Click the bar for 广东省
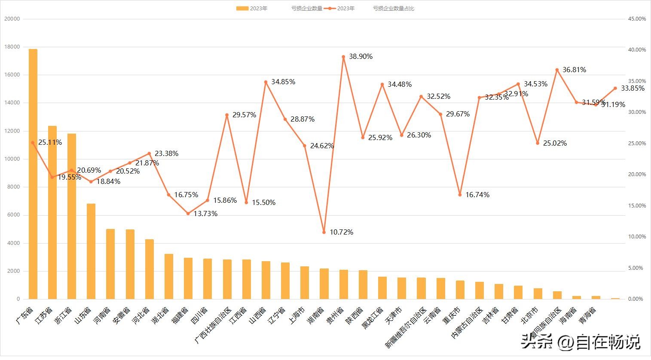[x=33, y=174]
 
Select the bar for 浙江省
[x=72, y=216]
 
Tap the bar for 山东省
[x=91, y=251]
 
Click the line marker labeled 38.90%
[x=343, y=57]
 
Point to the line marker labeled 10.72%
[x=324, y=232]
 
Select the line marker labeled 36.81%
[x=557, y=70]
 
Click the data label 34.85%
[x=283, y=82]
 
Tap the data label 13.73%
[x=205, y=214]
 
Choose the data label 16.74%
[x=477, y=195]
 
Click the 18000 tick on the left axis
[x=12, y=47]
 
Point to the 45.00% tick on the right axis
[x=637, y=19]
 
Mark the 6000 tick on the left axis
[x=13, y=215]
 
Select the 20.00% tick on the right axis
[x=637, y=174]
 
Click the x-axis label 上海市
[x=298, y=315]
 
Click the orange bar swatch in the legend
[x=242, y=9]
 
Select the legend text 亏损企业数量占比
[x=393, y=9]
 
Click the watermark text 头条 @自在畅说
[x=581, y=342]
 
